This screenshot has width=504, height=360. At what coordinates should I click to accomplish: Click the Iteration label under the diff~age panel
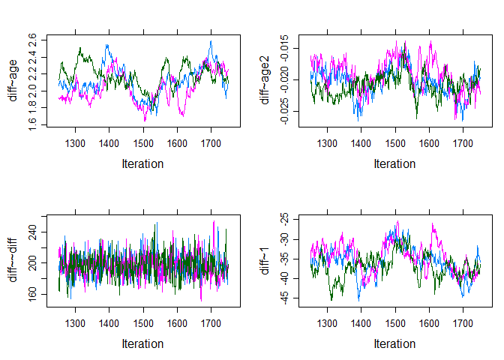142,163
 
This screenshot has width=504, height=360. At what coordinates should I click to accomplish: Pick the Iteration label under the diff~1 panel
394,343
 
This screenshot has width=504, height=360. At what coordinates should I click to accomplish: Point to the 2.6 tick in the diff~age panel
31,39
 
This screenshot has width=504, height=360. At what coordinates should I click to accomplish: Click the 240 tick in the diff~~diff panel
31,233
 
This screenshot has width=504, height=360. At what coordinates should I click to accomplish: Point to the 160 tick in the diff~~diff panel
31,294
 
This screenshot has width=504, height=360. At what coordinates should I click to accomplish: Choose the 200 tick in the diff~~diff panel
31,264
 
